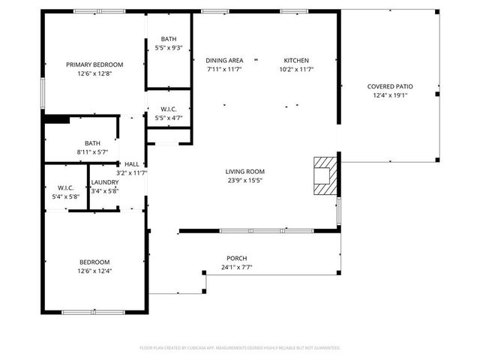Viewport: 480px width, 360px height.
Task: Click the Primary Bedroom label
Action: (x=94, y=64)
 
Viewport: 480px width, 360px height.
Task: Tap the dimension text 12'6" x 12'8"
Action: (x=94, y=73)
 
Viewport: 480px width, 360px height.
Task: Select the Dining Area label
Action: (x=224, y=61)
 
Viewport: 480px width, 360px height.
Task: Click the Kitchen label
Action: (x=296, y=61)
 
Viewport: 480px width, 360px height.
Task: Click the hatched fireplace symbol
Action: (x=325, y=177)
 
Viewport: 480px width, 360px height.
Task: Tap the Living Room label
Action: (x=245, y=172)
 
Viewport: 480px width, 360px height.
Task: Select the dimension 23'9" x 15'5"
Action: (x=245, y=181)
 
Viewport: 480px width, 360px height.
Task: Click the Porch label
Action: (x=237, y=259)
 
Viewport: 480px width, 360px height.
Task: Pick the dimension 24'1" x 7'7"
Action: (x=237, y=268)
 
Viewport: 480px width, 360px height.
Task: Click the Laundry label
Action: (x=104, y=182)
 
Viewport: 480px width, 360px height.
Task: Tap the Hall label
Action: (x=131, y=164)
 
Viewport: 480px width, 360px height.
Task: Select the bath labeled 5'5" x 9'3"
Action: (x=168, y=39)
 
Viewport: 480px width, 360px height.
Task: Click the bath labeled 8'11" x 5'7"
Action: (x=92, y=142)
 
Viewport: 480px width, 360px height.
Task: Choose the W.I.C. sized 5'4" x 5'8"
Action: (x=64, y=187)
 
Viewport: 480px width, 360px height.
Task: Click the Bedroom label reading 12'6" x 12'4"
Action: (x=94, y=262)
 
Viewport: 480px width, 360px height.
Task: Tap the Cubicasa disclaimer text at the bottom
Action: (x=240, y=348)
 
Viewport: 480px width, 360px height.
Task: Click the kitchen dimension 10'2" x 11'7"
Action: (x=296, y=70)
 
